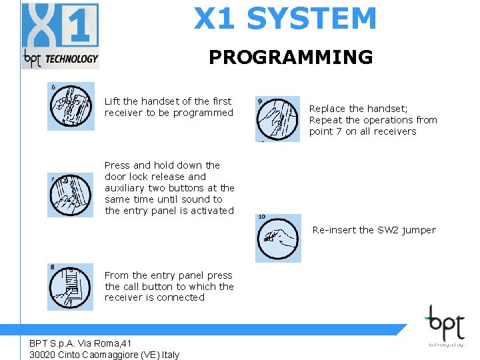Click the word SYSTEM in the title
pyautogui.click(x=311, y=19)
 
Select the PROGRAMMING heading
pyautogui.click(x=291, y=57)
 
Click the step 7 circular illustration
pyautogui.click(x=71, y=194)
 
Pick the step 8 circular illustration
pyautogui.click(x=71, y=287)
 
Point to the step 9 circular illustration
pyautogui.click(x=279, y=119)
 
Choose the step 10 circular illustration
pyautogui.click(x=279, y=238)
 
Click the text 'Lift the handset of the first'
pyautogui.click(x=168, y=101)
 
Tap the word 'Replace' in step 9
pyautogui.click(x=327, y=109)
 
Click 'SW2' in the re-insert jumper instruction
pyautogui.click(x=388, y=230)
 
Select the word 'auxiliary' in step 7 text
pyautogui.click(x=126, y=188)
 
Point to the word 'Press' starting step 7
pyautogui.click(x=117, y=165)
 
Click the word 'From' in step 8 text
pyautogui.click(x=117, y=275)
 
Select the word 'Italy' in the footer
pyautogui.click(x=168, y=355)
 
